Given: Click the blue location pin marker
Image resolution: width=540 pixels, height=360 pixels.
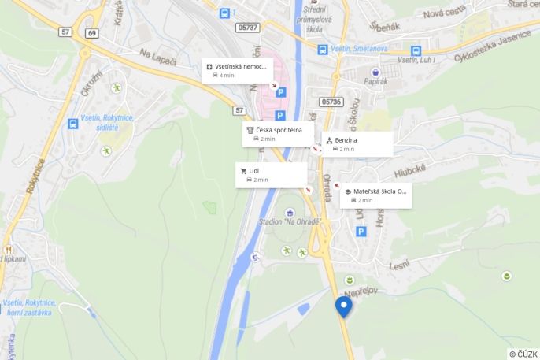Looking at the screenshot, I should pos(343,306).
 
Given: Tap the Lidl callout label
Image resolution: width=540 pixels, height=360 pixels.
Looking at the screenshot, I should pos(271,174).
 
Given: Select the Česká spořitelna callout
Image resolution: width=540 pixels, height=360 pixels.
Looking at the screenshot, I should pos(278,134).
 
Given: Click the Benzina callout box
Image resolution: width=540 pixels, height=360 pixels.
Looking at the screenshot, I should pos(357,143).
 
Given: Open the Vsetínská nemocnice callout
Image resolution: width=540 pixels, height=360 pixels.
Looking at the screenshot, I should pos(237,70).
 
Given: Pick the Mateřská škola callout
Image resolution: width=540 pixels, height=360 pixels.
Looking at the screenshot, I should pos(375,195).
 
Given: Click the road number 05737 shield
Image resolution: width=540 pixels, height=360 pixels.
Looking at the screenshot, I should pos(246,27).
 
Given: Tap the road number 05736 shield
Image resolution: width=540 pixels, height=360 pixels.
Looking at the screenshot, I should pos(331,102).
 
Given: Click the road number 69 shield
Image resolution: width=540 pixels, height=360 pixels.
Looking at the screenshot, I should pos(93,32).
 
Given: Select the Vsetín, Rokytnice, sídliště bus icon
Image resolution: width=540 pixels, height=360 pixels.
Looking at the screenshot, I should pos(72,124).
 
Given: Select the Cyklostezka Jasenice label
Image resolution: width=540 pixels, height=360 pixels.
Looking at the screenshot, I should pos(496,42).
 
